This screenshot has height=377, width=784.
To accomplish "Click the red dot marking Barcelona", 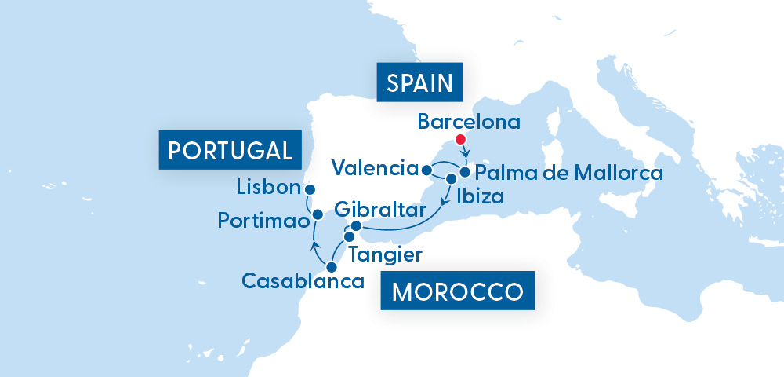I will pyautogui.click(x=461, y=140).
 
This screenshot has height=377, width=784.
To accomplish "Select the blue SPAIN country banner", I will pyautogui.click(x=420, y=82).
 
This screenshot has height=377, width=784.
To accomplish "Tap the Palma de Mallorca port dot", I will pyautogui.click(x=465, y=171).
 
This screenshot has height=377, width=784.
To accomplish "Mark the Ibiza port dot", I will pyautogui.click(x=450, y=179).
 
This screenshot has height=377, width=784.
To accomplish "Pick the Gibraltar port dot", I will pyautogui.click(x=355, y=226).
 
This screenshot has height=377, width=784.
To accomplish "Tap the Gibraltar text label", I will pyautogui.click(x=380, y=210).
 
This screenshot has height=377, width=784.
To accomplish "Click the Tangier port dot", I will pyautogui.click(x=349, y=236).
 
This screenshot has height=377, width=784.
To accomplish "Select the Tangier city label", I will pyautogui.click(x=386, y=254).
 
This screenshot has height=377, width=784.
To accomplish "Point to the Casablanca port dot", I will pyautogui.click(x=332, y=267).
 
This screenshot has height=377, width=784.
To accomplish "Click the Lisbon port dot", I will pyautogui.click(x=310, y=190).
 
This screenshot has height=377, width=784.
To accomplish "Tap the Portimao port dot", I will pyautogui.click(x=318, y=214).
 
